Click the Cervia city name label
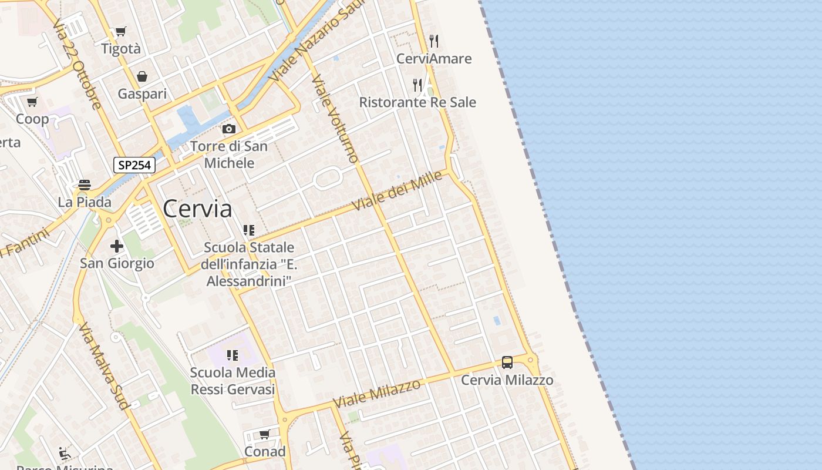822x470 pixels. pos(197,209)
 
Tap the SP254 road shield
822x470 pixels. pos(134,165)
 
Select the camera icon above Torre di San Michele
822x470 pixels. pos(229,129)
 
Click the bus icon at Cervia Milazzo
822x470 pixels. pos(507,362)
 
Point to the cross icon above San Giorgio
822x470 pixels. pos(117,246)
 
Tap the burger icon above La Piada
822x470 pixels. pos(84,185)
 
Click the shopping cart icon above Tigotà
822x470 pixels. pos(121,32)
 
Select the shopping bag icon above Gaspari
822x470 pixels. pos(142,76)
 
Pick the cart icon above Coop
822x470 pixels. pos(32,102)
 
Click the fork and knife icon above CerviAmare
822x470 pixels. pos(434,41)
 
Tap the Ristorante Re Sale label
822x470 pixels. pos(417,102)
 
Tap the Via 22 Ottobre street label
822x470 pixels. pos(77,65)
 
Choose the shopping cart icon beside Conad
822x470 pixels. pos(265,435)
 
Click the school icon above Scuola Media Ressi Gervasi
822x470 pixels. pos(233,355)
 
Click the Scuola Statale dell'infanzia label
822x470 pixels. pos(249,264)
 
